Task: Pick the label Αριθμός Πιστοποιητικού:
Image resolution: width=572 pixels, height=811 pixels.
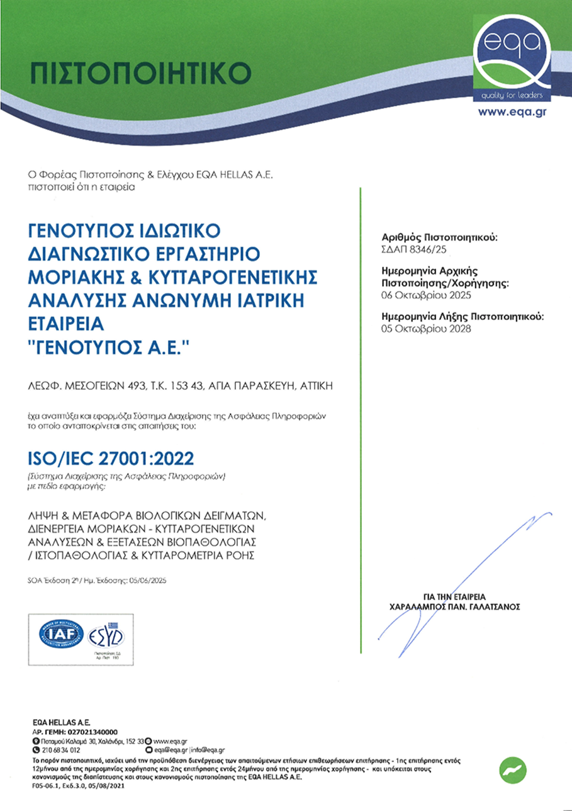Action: pyautogui.click(x=439, y=238)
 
